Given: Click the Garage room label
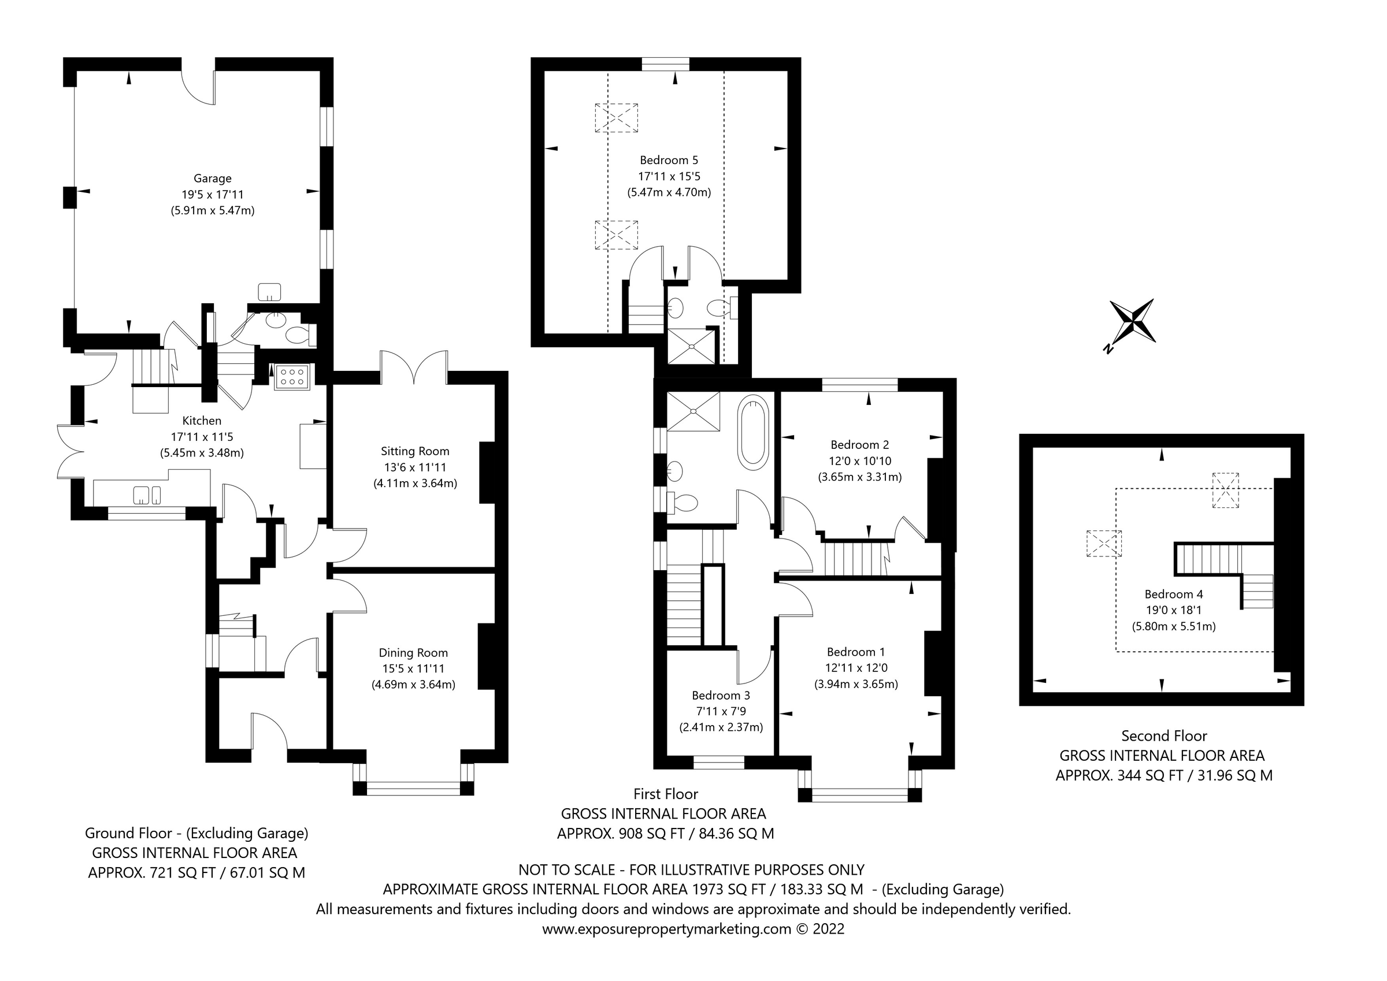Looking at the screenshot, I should coord(212,178).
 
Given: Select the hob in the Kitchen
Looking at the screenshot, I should coord(292,376).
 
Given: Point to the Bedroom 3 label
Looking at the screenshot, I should coord(721,695).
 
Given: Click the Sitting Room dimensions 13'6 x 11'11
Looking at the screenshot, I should coord(415,467).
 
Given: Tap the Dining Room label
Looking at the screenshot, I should coord(413,652).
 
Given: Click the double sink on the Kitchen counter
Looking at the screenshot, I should coord(147,495).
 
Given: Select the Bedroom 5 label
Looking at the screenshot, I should coord(669,160).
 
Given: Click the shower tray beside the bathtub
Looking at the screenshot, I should coord(693,411).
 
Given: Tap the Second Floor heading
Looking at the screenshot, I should coord(1163,736).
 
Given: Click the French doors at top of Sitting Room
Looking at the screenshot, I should coord(414,369).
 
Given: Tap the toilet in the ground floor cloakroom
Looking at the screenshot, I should coord(298,334).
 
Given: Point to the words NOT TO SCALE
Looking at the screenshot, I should coord(566,870).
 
